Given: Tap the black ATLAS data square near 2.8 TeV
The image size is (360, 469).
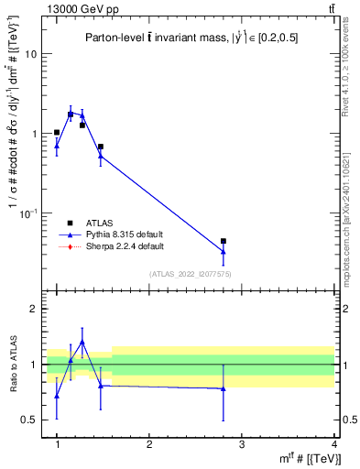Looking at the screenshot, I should click(224, 241).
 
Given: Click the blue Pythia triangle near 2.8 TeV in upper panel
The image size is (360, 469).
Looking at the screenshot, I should click(224, 251).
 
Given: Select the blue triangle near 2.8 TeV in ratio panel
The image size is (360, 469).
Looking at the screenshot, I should click(224, 388).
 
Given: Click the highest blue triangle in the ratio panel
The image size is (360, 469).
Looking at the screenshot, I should click(82, 343).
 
